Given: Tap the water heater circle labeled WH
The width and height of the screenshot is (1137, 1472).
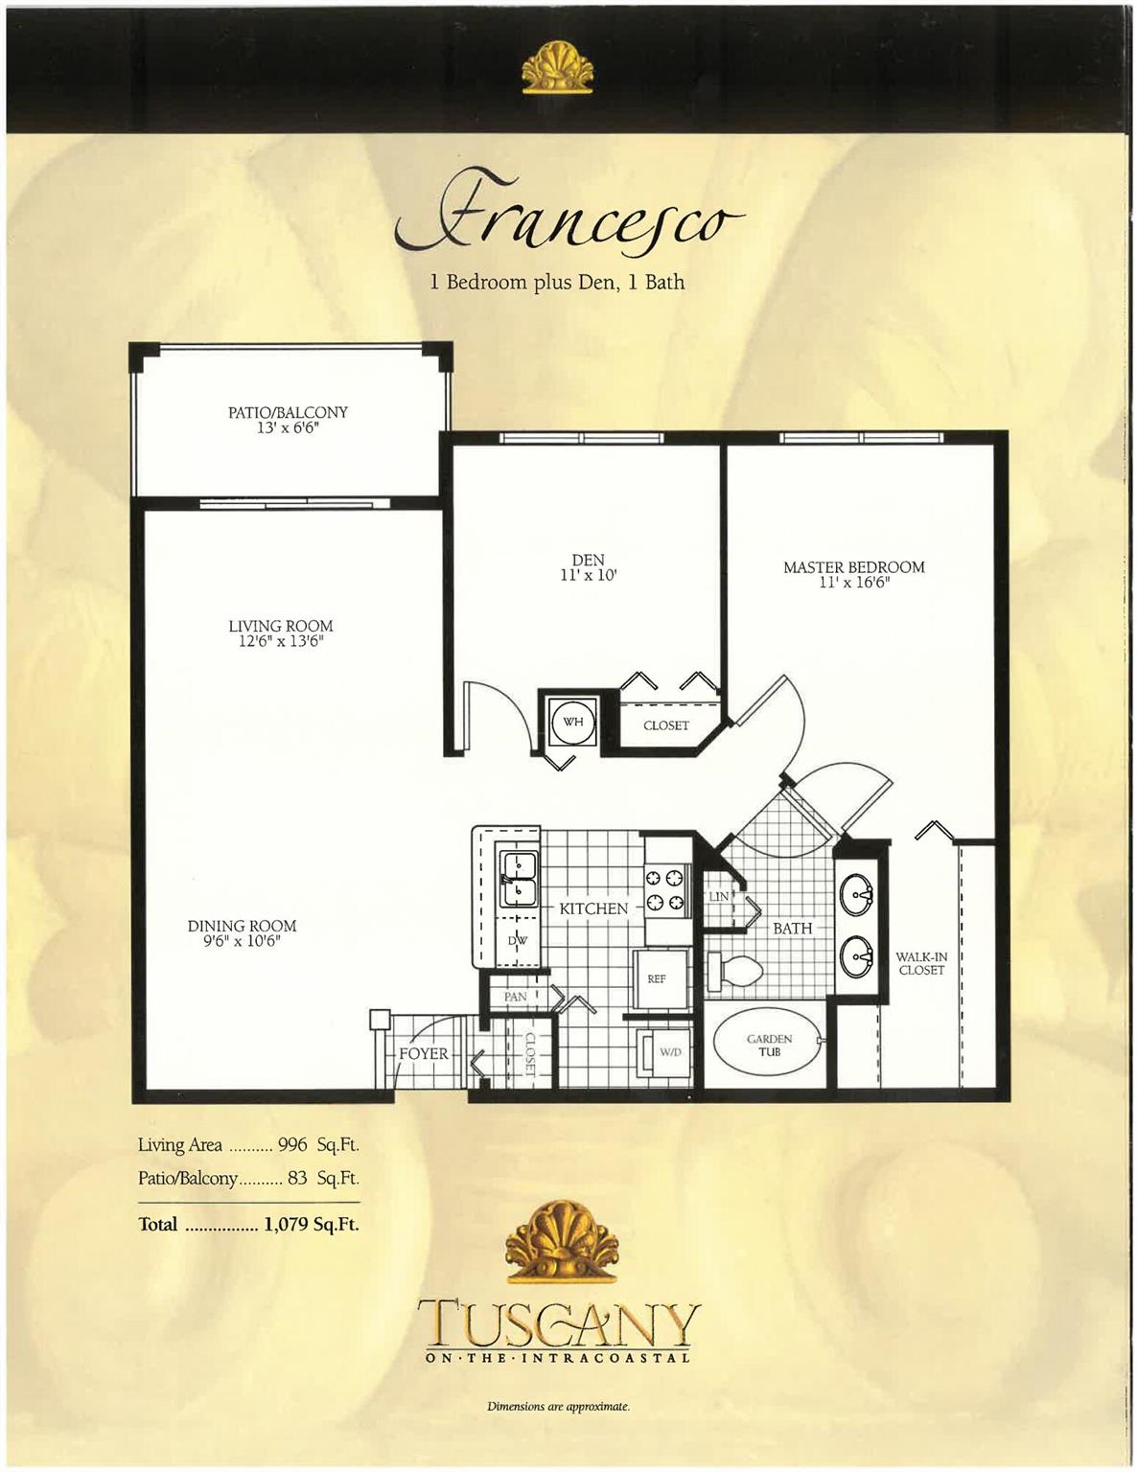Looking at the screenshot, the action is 573,722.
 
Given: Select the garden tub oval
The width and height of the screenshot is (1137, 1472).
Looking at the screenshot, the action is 769,1045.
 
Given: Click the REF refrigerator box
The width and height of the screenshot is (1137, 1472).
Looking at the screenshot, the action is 657,978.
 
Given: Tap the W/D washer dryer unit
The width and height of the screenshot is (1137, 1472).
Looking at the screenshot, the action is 663,1052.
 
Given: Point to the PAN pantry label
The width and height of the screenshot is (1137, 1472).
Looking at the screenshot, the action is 515,997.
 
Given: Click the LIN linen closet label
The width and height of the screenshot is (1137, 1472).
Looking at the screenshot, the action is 719,896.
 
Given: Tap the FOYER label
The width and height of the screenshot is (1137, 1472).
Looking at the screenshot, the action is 424,1054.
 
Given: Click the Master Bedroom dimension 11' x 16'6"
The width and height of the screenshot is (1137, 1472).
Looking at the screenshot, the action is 854,582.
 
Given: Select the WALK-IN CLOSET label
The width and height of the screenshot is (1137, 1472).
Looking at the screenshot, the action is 921,963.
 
